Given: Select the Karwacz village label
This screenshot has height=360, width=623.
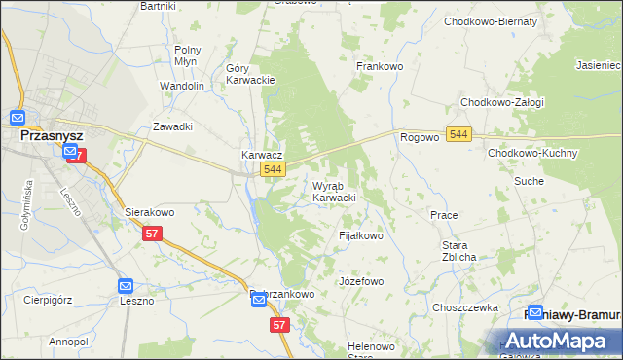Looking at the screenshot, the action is (x=262, y=155).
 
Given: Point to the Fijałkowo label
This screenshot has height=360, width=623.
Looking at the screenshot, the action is (x=360, y=235).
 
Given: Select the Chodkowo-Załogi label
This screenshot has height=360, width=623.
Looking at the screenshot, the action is (x=502, y=102).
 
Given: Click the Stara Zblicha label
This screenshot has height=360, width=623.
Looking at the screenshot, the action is (x=458, y=250).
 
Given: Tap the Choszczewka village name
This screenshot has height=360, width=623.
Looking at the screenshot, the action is (x=465, y=306).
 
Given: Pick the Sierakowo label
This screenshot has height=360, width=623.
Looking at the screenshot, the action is (x=149, y=210).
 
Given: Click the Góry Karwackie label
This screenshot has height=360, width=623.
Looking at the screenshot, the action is (x=250, y=74).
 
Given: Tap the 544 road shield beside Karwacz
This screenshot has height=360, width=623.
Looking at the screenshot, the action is (x=274, y=170).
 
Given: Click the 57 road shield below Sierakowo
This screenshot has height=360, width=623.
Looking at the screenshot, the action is (x=151, y=234).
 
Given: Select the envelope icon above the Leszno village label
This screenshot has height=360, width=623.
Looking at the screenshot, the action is (x=126, y=286).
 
